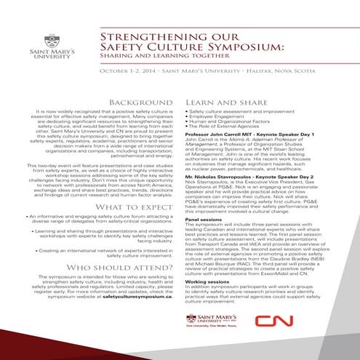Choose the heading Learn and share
pyautogui.click(x=215, y=103)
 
